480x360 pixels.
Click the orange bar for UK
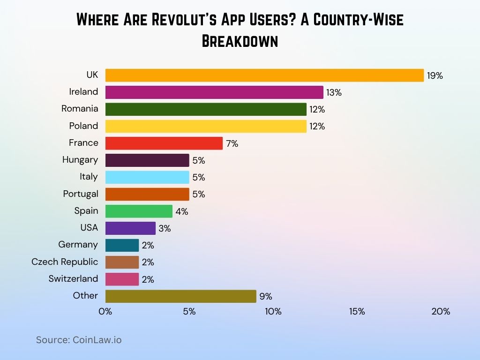point(264,75)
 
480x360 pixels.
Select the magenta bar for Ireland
point(214,92)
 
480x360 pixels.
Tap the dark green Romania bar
point(206,109)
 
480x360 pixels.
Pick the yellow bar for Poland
point(206,126)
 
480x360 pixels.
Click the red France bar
point(164,143)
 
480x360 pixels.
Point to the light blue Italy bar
point(147,177)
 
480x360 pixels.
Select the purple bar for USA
point(130,228)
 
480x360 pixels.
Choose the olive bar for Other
point(180,296)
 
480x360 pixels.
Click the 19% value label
point(435,76)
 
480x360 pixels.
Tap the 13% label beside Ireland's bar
point(334,93)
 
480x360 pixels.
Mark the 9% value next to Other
point(265,297)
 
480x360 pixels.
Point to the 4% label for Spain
point(181,212)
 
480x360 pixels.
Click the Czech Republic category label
point(65,262)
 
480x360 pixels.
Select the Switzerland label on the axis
point(73,279)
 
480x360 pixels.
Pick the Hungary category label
point(80,160)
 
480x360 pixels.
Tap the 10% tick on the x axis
point(273,312)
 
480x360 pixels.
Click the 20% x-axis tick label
point(441,312)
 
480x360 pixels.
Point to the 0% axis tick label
point(105,312)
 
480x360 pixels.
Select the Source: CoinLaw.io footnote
point(79,340)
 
